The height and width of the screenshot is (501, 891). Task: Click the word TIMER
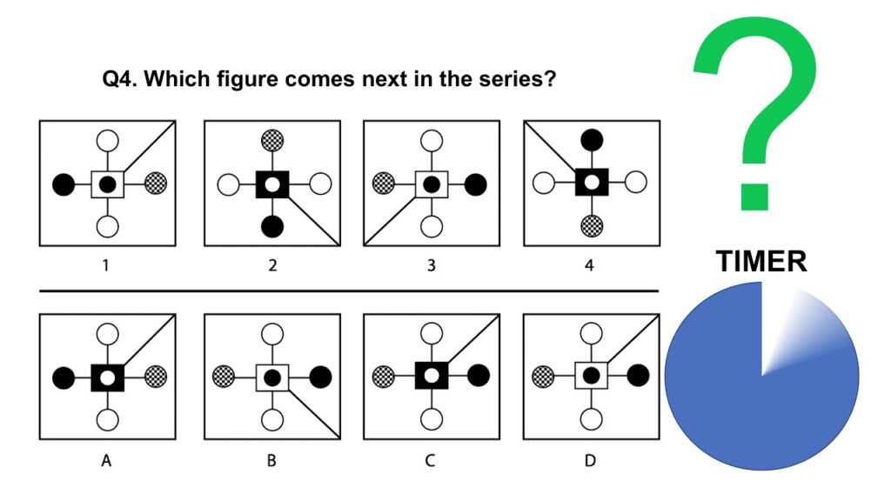pyautogui.click(x=761, y=260)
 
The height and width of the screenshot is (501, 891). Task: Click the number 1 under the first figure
pyautogui.click(x=106, y=265)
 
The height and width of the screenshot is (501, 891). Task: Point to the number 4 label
pyautogui.click(x=590, y=265)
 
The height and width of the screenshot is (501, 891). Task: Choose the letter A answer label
pyautogui.click(x=106, y=460)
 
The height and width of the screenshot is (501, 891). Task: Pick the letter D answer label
pyautogui.click(x=590, y=460)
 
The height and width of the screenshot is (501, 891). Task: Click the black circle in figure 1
pyautogui.click(x=62, y=184)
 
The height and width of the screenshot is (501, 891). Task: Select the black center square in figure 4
pyautogui.click(x=592, y=183)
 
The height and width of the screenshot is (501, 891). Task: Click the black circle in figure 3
pyautogui.click(x=475, y=184)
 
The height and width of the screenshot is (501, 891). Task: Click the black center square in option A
pyautogui.click(x=108, y=377)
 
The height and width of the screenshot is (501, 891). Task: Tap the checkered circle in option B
pyautogui.click(x=224, y=377)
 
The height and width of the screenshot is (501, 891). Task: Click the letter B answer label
pyautogui.click(x=271, y=460)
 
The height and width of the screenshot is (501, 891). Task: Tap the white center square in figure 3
pyautogui.click(x=431, y=184)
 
